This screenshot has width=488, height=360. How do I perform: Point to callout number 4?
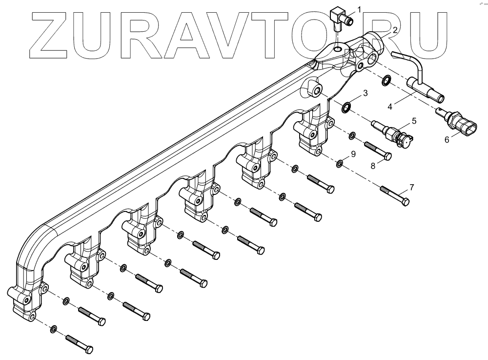[x=390, y=105]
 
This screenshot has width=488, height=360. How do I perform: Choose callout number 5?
[x=413, y=119]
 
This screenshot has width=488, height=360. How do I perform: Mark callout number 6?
[x=447, y=140]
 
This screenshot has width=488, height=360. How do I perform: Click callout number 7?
[x=411, y=187]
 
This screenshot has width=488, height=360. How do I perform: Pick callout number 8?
[x=373, y=166]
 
